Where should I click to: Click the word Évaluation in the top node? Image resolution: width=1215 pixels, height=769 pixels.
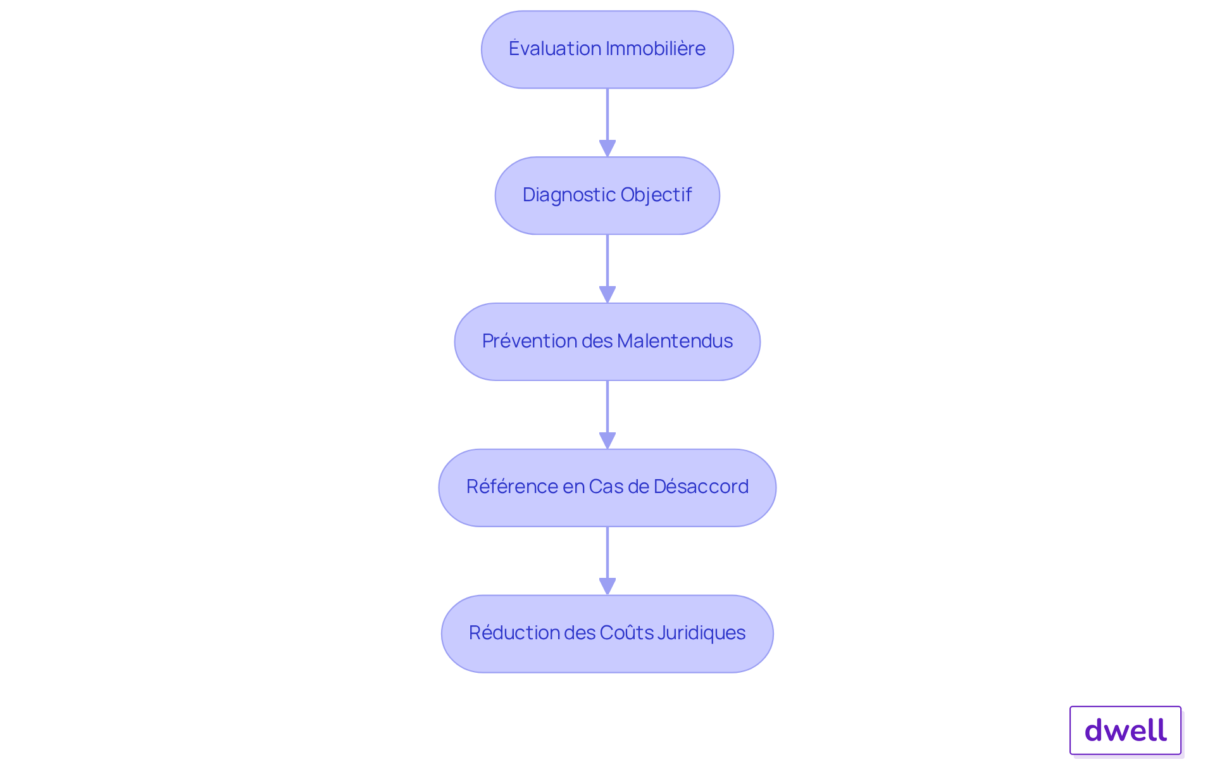[555, 48]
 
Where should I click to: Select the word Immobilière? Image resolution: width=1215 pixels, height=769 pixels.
[656, 48]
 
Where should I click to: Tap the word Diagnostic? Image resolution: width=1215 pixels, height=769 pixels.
[569, 195]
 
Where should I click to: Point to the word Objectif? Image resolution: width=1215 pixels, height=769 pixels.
[656, 195]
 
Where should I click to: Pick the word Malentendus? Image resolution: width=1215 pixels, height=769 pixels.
[675, 341]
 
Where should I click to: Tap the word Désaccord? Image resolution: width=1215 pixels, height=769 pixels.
[701, 486]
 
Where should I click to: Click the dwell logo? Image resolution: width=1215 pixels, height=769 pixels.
[1125, 730]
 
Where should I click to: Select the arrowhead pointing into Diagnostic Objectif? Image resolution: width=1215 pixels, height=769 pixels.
[607, 148]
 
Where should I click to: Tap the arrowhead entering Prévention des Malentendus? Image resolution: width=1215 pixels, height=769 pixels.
[607, 294]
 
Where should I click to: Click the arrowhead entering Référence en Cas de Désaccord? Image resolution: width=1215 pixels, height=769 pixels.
[607, 441]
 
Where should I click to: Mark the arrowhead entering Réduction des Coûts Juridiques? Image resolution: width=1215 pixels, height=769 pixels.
[607, 587]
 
